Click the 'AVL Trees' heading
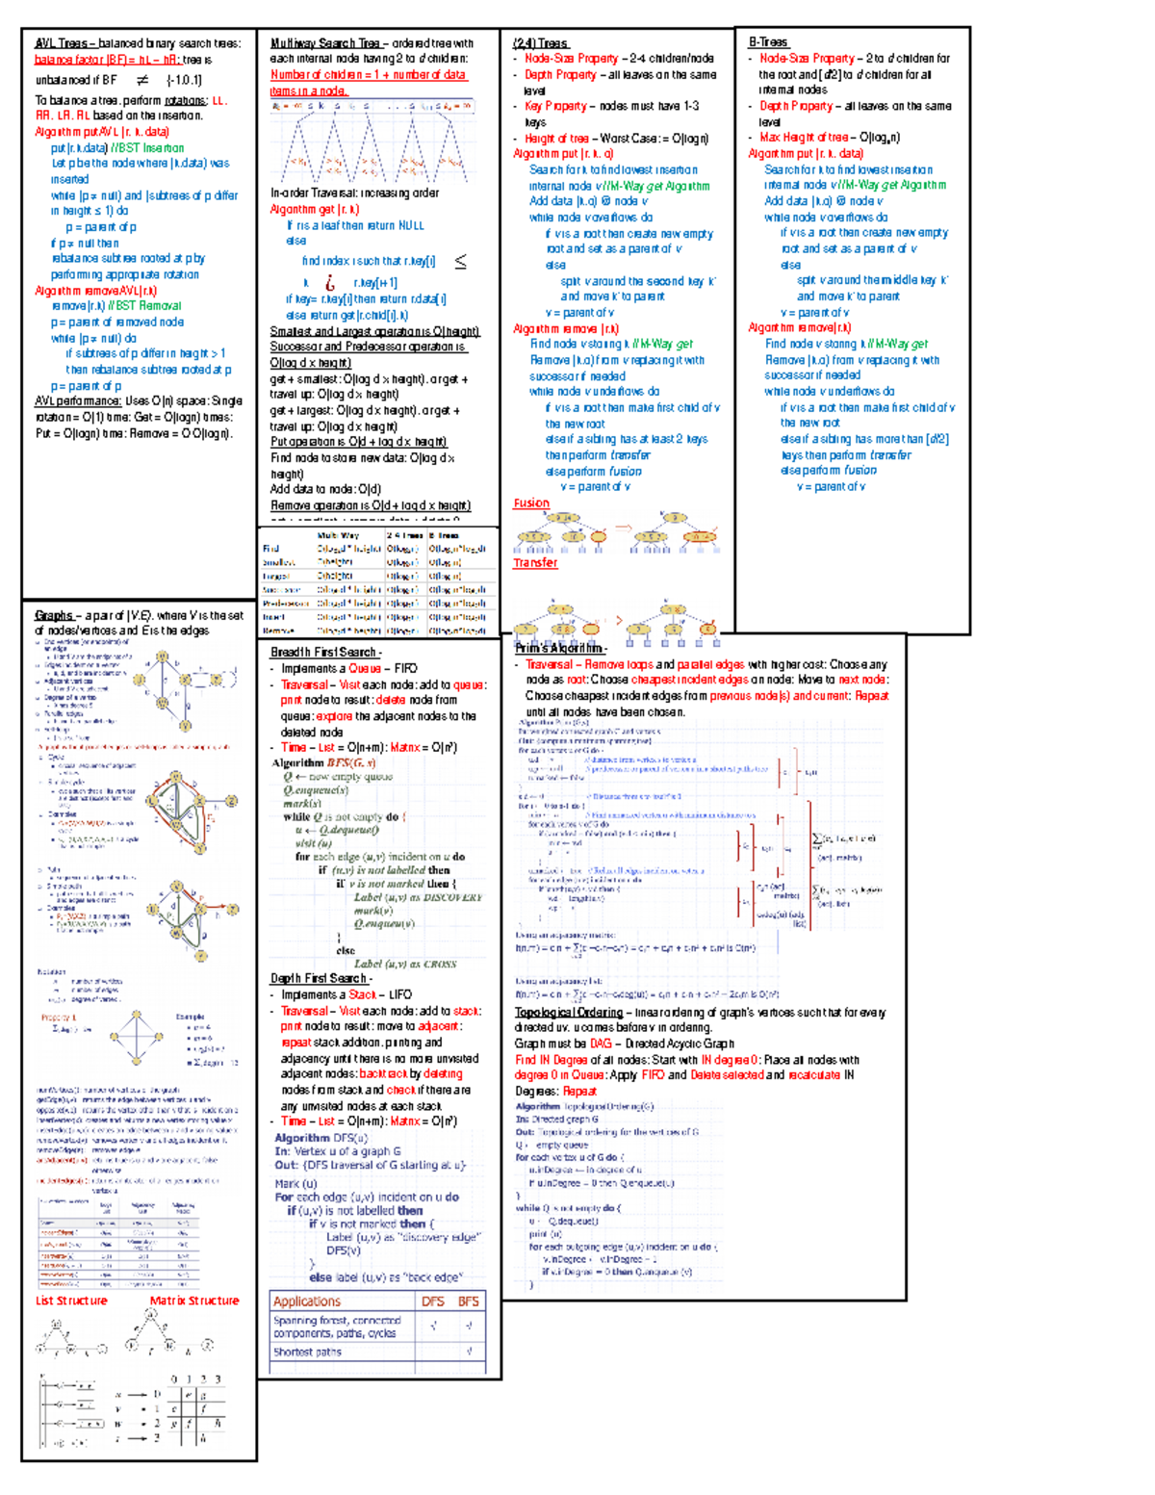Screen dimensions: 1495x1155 pos(61,43)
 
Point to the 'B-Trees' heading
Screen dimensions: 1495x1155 pos(768,42)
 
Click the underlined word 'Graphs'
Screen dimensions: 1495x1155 pos(54,615)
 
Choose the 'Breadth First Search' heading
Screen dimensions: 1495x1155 pos(323,652)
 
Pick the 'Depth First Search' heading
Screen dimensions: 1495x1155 pos(319,978)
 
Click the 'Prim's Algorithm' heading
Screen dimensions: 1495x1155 pos(559,648)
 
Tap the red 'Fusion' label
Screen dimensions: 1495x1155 pos(531,503)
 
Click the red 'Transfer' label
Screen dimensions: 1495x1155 pos(535,562)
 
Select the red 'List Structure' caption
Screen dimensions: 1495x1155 pos(71,1301)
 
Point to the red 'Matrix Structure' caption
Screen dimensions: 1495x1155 pos(194,1301)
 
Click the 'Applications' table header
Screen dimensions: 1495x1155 pos(307,1302)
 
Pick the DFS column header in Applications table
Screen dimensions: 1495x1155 pos(433,1302)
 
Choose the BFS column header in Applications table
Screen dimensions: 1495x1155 pos(469,1302)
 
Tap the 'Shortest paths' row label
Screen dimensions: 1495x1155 pos(307,1352)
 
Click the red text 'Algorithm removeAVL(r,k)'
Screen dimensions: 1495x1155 pos(95,290)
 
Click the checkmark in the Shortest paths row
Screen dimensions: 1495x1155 pos(469,1352)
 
